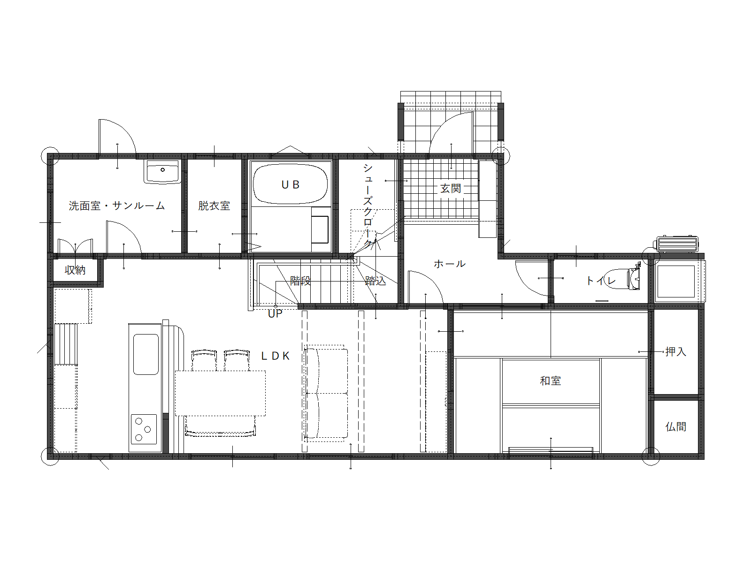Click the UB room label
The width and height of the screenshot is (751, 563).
pos(290,185)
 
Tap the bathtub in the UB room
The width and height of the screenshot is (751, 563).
pos(290,184)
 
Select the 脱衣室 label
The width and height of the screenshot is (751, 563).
pos(214,206)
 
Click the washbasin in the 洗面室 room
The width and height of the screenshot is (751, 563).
pos(162,172)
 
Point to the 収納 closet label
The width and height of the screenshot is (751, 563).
pos(75,270)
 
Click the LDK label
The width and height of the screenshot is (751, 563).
pos(276,356)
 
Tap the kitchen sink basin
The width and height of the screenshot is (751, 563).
pos(146,355)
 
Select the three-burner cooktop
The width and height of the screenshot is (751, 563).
pos(144,429)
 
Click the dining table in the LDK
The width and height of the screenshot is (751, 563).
pos(220,394)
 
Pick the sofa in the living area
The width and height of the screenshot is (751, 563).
pos(326,393)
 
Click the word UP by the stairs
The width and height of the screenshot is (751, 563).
pos(275,314)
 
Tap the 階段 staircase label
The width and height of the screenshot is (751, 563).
pos(300,281)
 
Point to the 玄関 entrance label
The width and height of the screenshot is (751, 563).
pos(451,188)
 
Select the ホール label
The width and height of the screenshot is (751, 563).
pos(450,264)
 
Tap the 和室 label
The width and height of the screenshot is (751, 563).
pos(551,381)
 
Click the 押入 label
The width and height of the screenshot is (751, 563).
pos(676,351)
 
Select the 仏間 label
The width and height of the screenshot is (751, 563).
pos(676,426)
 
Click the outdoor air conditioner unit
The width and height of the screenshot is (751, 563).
pos(676,244)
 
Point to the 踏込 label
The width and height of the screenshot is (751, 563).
pos(375,281)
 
